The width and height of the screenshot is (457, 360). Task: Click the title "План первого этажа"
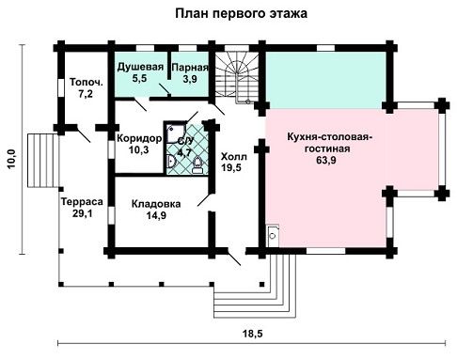pyautogui.click(x=241, y=14)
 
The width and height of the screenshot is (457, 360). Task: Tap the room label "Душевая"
pyautogui.click(x=140, y=67)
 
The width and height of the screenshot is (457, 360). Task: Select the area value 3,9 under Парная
pyautogui.click(x=190, y=79)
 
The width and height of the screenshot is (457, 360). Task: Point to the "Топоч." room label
pyautogui.click(x=87, y=82)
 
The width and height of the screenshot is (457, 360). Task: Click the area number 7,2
pyautogui.click(x=86, y=94)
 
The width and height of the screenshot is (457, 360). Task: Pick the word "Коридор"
pyautogui.click(x=139, y=138)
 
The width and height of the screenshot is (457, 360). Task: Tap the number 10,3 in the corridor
pyautogui.click(x=139, y=149)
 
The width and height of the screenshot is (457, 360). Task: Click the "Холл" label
pyautogui.click(x=234, y=156)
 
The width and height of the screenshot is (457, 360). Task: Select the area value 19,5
pyautogui.click(x=231, y=168)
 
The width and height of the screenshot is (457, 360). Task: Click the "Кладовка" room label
pyautogui.click(x=156, y=204)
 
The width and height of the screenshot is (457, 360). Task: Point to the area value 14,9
pyautogui.click(x=156, y=215)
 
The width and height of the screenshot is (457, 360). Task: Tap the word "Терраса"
pyautogui.click(x=82, y=201)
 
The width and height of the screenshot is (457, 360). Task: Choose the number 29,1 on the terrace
pyautogui.click(x=83, y=213)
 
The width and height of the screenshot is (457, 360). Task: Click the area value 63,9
pyautogui.click(x=326, y=160)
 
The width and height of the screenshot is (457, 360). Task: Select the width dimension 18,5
pyautogui.click(x=253, y=334)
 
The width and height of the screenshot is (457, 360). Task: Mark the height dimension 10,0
pyautogui.click(x=11, y=159)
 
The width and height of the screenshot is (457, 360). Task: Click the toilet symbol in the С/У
pyautogui.click(x=197, y=165)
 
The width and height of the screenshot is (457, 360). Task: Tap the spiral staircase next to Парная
pyautogui.click(x=237, y=77)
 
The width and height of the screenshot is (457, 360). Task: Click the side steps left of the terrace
pyautogui.click(x=43, y=161)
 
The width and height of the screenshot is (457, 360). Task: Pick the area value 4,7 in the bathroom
pyautogui.click(x=184, y=153)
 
